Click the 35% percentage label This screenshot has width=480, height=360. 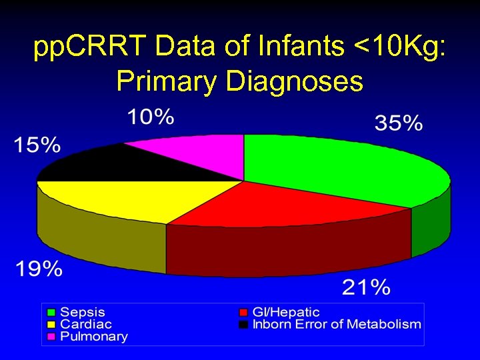[399, 123]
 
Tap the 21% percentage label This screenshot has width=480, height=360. [366, 287]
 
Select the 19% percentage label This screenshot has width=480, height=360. [39, 269]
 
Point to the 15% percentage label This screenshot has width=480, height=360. [37, 145]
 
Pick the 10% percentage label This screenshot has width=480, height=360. [151, 118]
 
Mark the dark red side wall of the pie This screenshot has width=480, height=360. [287, 250]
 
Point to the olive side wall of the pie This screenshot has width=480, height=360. [100, 240]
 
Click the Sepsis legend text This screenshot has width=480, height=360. [83, 312]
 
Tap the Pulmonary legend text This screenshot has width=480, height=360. [94, 337]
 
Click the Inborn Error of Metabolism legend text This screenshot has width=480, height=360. [337, 324]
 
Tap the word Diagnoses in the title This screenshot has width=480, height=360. [295, 81]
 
